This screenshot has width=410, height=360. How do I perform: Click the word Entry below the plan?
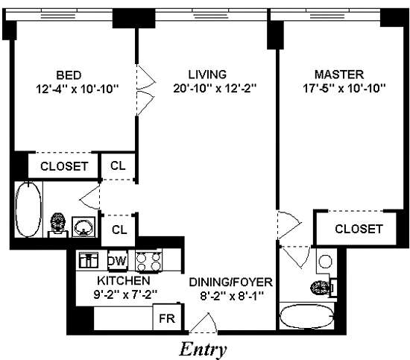coord(203,350)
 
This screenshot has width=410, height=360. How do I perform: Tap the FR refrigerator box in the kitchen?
coord(167,318)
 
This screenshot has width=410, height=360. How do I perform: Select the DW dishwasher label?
coord(118,261)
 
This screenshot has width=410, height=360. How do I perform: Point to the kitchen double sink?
coord(89,260)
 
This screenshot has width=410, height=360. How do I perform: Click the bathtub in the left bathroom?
coord(29,209)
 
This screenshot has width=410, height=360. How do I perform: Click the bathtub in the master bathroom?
coord(306,316)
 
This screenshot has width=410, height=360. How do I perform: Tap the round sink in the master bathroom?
coord(326,261)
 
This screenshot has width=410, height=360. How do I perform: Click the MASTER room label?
coord(339,75)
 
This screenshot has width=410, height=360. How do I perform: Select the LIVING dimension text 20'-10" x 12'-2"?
coord(215,89)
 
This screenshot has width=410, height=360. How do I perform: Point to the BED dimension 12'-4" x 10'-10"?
coord(78,89)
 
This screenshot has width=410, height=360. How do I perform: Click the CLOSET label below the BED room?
coord(64,166)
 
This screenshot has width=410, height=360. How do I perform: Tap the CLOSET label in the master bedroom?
coord(359,229)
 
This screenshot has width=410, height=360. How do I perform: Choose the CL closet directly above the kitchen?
coord(119,230)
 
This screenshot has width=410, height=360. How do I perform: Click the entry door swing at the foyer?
coord(204,323)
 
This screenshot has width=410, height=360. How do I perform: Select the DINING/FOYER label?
coord(231,282)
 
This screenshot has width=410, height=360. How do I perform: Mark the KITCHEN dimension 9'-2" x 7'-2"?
coord(125,295)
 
